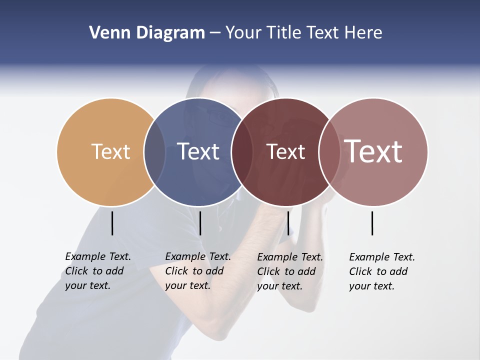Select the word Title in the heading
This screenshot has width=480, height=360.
[284, 33]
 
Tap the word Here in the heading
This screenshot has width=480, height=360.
[363, 33]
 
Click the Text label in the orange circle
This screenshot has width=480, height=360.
[110, 151]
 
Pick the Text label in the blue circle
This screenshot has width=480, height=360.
[198, 151]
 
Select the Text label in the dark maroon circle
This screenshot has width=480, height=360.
[285, 151]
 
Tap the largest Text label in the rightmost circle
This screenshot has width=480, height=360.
[373, 151]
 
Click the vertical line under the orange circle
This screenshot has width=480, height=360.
[112, 223]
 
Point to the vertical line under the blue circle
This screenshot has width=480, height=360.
[200, 223]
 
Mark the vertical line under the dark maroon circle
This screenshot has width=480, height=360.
[288, 223]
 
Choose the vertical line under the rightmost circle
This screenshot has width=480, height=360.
[372, 223]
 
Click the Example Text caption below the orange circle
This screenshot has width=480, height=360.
[97, 271]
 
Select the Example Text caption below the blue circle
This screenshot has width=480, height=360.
[197, 271]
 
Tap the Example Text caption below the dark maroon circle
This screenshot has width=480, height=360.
[289, 271]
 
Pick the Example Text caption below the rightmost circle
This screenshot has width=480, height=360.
[381, 271]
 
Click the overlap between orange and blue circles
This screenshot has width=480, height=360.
[154, 151]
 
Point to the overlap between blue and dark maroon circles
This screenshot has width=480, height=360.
[241, 151]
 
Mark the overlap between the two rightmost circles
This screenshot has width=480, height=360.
[328, 151]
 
